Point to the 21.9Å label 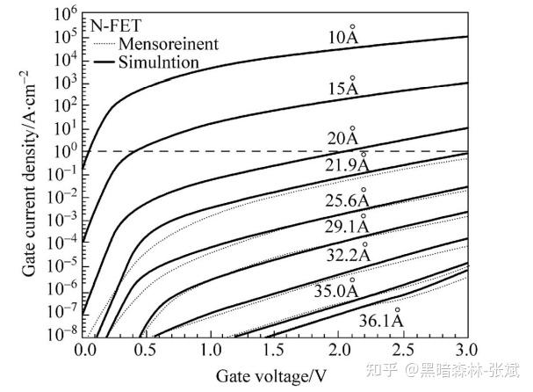pyautogui.click(x=347, y=164)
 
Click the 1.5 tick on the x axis pyautogui.click(x=273, y=348)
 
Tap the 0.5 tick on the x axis pyautogui.click(x=147, y=348)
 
